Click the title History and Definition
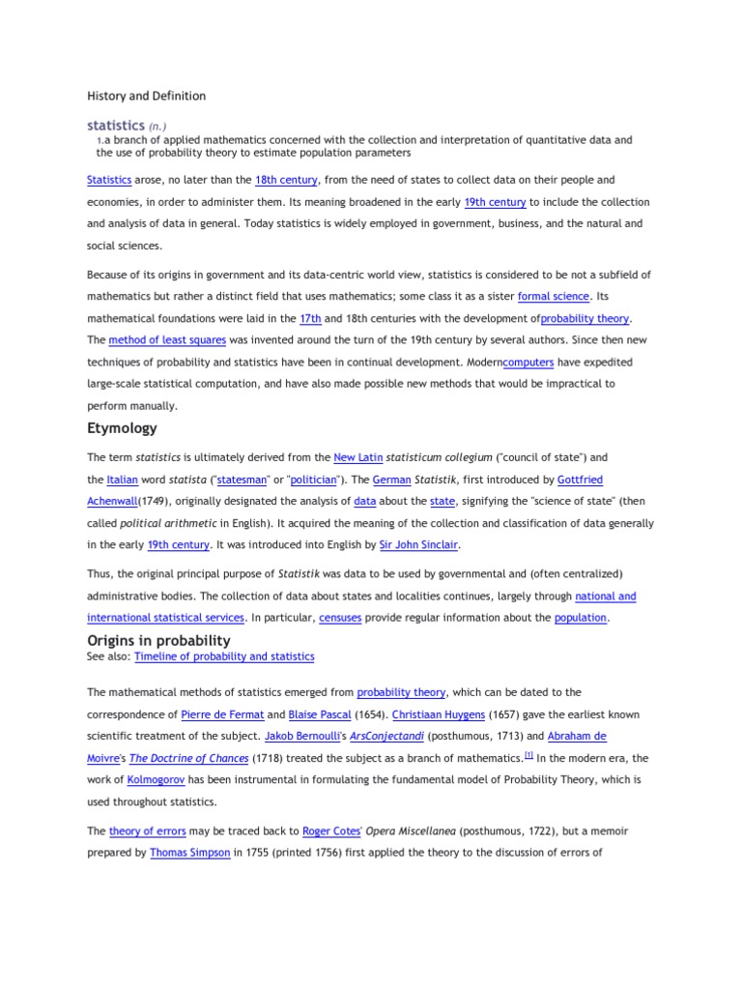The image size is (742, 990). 146,96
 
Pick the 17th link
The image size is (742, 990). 309,318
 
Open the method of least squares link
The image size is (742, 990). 167,340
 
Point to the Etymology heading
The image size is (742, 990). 122,428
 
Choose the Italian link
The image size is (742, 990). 124,480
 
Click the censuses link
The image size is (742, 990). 340,618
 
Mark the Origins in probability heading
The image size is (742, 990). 158,640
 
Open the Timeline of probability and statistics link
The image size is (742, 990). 224,656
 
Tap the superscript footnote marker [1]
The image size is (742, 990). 529,756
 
